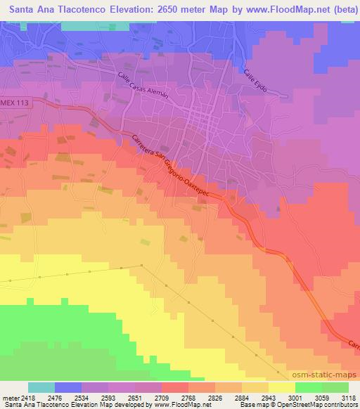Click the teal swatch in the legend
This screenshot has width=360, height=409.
click(x=41, y=387)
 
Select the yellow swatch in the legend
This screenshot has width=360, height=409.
click(x=282, y=387)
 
